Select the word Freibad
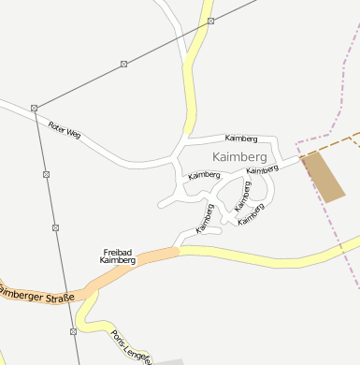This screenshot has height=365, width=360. pyautogui.click(x=118, y=251)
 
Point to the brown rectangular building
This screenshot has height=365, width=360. pyautogui.click(x=322, y=176)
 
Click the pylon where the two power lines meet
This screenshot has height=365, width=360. pyautogui.click(x=34, y=108)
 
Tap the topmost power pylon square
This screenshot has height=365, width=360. pyautogui.click(x=211, y=21)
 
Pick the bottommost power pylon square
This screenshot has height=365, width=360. pyautogui.click(x=73, y=331)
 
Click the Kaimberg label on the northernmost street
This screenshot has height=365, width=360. pyautogui.click(x=240, y=139)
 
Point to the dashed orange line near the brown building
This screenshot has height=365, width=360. pyautogui.click(x=327, y=147)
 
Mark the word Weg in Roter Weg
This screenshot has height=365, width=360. pyautogui.click(x=74, y=134)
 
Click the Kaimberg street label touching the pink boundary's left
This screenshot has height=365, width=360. pyautogui.click(x=263, y=170)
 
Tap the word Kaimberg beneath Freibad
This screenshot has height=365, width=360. pyautogui.click(x=118, y=260)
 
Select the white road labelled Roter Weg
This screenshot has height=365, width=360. pyautogui.click(x=112, y=150)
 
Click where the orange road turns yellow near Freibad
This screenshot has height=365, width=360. pyautogui.click(x=178, y=251)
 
